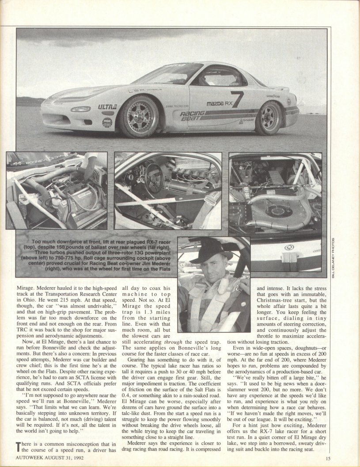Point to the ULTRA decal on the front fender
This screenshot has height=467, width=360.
[107, 106]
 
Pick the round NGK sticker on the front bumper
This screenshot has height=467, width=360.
[107, 122]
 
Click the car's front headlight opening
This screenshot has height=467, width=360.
[80, 109]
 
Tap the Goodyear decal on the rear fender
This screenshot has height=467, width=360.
[273, 96]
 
